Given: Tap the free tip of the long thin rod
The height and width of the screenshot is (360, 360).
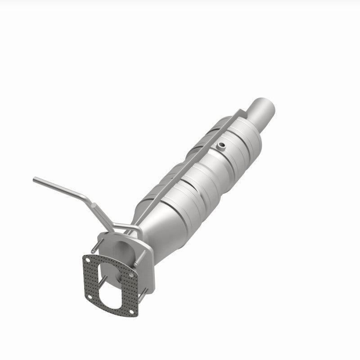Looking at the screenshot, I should click(35, 180).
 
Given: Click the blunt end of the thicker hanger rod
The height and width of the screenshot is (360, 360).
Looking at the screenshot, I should click(94, 205).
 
